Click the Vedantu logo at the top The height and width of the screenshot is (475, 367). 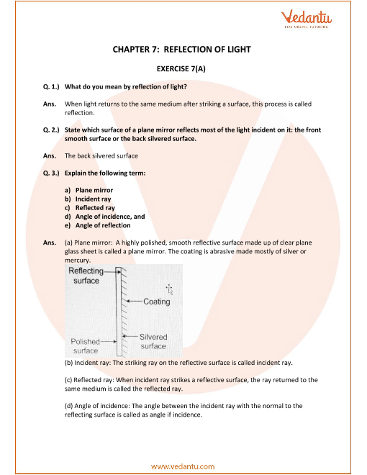pyautogui.click(x=306, y=19)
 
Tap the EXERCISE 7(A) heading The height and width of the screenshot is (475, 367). pyautogui.click(x=181, y=69)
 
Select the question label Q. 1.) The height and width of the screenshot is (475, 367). pyautogui.click(x=51, y=86)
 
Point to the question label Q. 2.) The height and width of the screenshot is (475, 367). pyautogui.click(x=51, y=130)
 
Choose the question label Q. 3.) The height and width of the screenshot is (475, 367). pyautogui.click(x=51, y=173)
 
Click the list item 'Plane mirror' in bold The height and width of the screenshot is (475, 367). pyautogui.click(x=94, y=190)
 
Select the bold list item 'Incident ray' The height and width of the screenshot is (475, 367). pyautogui.click(x=94, y=199)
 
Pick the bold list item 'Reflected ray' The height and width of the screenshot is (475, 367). pyautogui.click(x=95, y=208)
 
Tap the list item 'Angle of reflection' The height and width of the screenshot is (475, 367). pyautogui.click(x=103, y=225)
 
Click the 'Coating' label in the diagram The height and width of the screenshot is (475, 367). pyautogui.click(x=157, y=302)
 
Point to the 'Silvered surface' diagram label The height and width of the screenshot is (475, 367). pyautogui.click(x=153, y=341)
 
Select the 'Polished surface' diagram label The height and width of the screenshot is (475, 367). pyautogui.click(x=85, y=346)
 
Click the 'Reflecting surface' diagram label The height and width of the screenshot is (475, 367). pyautogui.click(x=86, y=276)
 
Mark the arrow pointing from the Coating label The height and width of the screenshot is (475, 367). pyautogui.click(x=135, y=301)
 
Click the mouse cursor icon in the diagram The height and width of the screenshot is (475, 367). pyautogui.click(x=169, y=289)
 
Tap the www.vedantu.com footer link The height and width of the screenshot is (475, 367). pyautogui.click(x=183, y=466)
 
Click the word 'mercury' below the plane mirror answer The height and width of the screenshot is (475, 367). pyautogui.click(x=77, y=261)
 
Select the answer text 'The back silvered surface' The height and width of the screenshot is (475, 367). pyautogui.click(x=101, y=156)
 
